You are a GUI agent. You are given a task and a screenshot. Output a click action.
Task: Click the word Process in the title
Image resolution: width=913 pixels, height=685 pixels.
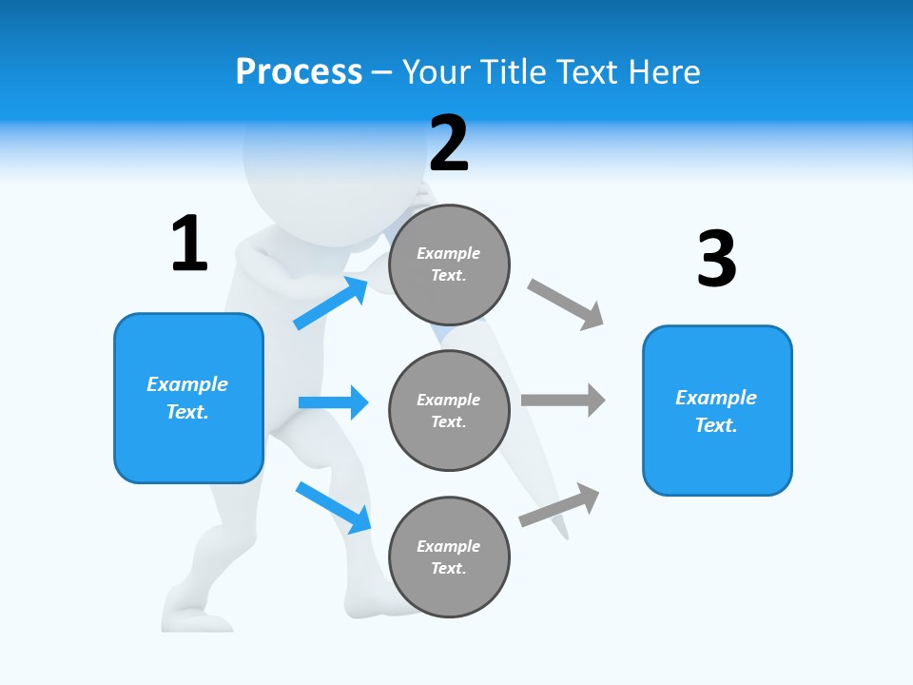click(299, 71)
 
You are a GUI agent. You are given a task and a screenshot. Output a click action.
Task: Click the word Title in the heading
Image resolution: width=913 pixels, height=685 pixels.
click(513, 71)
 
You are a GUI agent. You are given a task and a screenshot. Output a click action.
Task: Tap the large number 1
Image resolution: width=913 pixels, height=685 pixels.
click(189, 244)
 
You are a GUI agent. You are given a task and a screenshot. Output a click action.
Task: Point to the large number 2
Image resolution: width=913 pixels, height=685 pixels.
click(449, 144)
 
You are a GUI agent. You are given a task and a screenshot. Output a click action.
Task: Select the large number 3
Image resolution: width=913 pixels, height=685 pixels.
click(716, 259)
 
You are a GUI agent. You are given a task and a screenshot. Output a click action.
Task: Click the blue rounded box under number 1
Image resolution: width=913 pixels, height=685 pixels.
click(188, 398)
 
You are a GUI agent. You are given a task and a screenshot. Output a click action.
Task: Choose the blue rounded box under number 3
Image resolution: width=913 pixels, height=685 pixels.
click(717, 411)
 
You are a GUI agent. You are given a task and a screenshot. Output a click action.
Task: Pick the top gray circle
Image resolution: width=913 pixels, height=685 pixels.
click(449, 264)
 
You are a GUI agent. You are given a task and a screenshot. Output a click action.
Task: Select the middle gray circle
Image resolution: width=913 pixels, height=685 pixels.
click(449, 410)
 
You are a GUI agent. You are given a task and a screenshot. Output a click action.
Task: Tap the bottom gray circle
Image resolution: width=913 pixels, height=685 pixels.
click(449, 557)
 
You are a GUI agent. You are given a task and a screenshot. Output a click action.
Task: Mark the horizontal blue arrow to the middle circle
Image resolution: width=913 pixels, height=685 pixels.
click(333, 402)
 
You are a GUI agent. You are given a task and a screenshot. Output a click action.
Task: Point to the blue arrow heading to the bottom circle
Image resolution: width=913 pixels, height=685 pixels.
click(333, 507)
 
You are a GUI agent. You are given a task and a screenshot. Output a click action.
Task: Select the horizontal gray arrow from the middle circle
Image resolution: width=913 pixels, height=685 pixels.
click(563, 400)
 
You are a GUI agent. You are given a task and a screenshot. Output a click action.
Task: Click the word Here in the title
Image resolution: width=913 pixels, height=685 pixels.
click(666, 71)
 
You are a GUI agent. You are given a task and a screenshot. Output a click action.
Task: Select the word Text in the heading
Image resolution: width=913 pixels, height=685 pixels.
click(590, 71)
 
